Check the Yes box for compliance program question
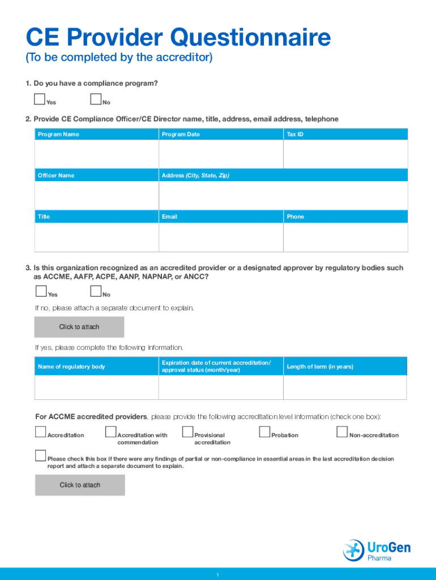tap(40, 100)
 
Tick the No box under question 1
tap(95, 100)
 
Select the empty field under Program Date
tap(221, 154)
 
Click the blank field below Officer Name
tap(97, 195)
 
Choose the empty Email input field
tap(221, 237)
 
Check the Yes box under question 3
tap(41, 292)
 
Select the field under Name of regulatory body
tap(97, 387)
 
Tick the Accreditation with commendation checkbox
tap(110, 432)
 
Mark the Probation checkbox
tap(264, 432)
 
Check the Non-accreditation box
tap(341, 432)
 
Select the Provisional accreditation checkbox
tap(187, 432)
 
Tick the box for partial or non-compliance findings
tap(40, 456)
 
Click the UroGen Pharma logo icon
tap(353, 550)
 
